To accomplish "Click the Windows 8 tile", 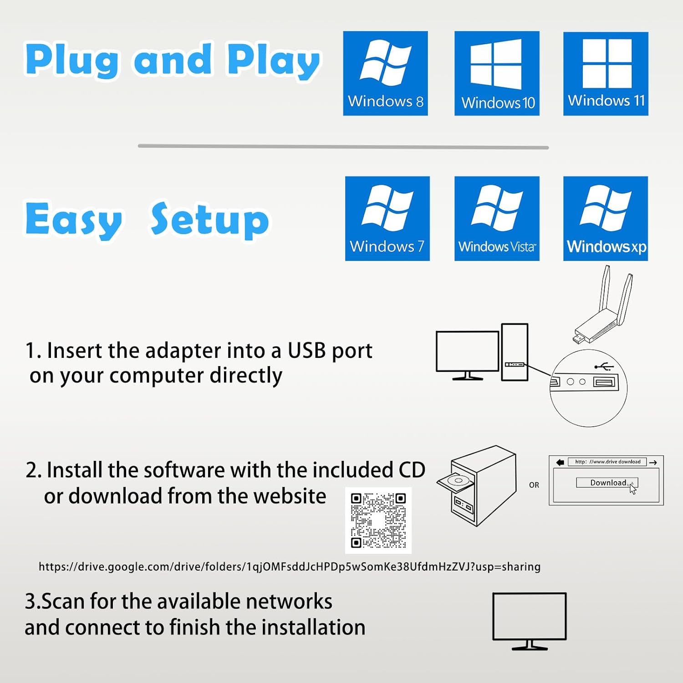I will [385, 73].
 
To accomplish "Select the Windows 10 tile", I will [497, 73].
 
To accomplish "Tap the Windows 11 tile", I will [606, 73].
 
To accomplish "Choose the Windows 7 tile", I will [387, 219].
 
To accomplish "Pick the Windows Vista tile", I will [497, 219].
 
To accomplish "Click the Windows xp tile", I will [606, 219].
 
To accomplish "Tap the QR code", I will [378, 520].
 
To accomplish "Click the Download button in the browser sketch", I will [607, 483].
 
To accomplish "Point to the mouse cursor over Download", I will [632, 489].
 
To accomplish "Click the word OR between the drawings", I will [534, 485].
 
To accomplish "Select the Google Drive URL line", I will [290, 567].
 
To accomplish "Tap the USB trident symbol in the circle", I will [604, 367].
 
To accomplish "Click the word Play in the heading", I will [273, 60].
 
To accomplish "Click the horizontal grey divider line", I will [343, 147].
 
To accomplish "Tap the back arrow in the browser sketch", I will [560, 462].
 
